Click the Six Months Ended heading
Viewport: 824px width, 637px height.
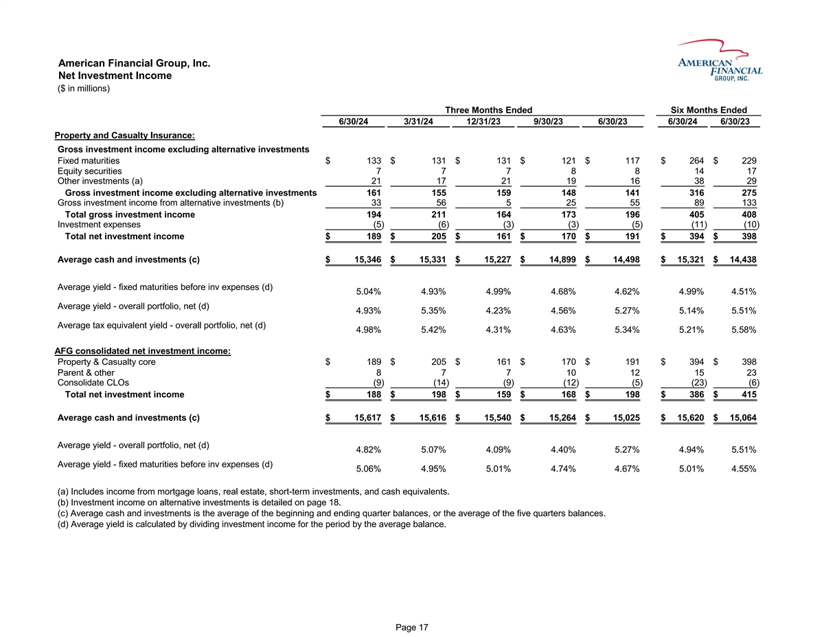pyautogui.click(x=709, y=110)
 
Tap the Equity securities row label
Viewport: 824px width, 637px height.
pyautogui.click(x=90, y=171)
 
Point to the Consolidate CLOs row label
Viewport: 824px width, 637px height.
pyautogui.click(x=93, y=383)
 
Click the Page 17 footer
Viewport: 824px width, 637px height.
pyautogui.click(x=412, y=627)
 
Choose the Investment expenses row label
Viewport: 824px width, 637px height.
pyautogui.click(x=99, y=224)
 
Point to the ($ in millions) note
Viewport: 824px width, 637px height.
pyautogui.click(x=84, y=88)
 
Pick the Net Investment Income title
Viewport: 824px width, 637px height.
pyautogui.click(x=115, y=76)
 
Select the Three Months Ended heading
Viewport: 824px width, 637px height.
pyautogui.click(x=488, y=110)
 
